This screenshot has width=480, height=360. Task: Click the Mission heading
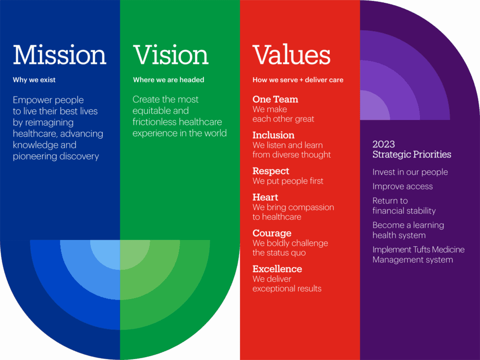click(x=60, y=55)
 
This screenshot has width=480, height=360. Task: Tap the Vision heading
click(x=171, y=55)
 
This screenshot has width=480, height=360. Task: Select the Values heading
click(x=291, y=55)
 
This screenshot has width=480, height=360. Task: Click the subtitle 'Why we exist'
click(x=34, y=80)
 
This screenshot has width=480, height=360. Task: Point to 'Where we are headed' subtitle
click(x=168, y=80)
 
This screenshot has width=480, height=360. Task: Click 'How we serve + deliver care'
click(x=298, y=80)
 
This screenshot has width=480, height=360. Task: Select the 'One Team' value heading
click(x=275, y=99)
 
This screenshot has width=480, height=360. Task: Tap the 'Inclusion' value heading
click(x=274, y=135)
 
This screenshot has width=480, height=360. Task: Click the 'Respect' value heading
click(x=271, y=171)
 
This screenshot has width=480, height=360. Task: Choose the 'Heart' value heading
click(x=265, y=197)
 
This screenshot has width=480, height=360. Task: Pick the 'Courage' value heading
click(x=272, y=233)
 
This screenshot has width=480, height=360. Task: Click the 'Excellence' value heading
click(x=277, y=269)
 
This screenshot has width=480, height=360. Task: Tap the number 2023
click(x=384, y=144)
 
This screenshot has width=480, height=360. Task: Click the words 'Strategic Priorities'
click(x=412, y=154)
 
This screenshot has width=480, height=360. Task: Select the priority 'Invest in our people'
click(x=410, y=172)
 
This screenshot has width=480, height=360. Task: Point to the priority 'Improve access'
click(x=403, y=186)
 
